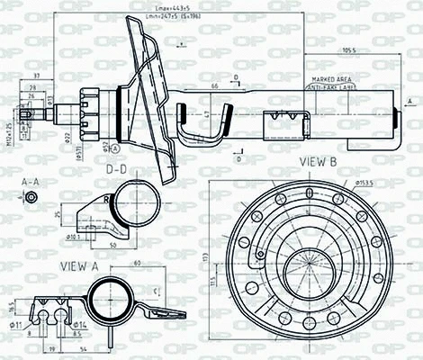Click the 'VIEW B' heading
click(319, 163)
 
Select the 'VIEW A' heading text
click(80, 265)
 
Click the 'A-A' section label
click(31, 182)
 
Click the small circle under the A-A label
click(31, 196)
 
